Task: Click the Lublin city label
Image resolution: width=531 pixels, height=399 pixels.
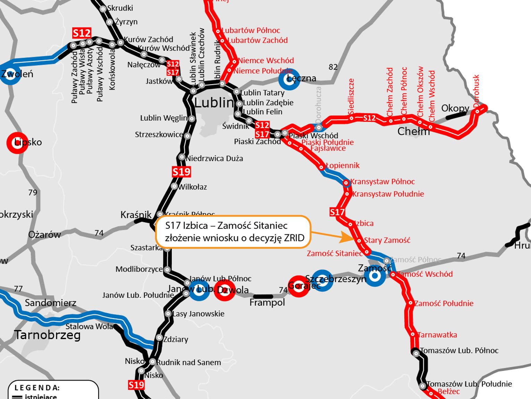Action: pyautogui.click(x=214, y=103)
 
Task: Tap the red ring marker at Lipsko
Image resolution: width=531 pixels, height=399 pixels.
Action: pyautogui.click(x=17, y=142)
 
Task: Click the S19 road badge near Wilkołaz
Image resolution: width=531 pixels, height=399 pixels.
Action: pyautogui.click(x=181, y=172)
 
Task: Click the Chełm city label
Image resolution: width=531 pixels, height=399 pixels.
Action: pyautogui.click(x=413, y=131)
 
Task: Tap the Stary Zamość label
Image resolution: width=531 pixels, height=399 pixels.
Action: pyautogui.click(x=387, y=240)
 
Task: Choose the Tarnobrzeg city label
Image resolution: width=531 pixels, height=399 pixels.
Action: pyautogui.click(x=47, y=335)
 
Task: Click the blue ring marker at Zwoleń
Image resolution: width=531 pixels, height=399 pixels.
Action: pyautogui.click(x=10, y=74)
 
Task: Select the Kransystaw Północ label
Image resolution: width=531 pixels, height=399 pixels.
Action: pyautogui.click(x=382, y=182)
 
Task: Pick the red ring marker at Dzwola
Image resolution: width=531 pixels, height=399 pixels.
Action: pyautogui.click(x=225, y=290)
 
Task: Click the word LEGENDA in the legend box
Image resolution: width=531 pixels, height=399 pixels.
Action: pyautogui.click(x=37, y=388)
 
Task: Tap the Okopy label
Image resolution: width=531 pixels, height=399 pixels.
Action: pyautogui.click(x=455, y=108)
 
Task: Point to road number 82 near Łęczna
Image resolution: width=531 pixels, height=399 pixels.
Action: pyautogui.click(x=333, y=67)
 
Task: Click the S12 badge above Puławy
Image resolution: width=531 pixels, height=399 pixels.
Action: pyautogui.click(x=82, y=33)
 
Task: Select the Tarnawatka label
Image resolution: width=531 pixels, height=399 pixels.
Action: pyautogui.click(x=437, y=335)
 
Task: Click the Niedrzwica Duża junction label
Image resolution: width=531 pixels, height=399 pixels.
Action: pyautogui.click(x=214, y=159)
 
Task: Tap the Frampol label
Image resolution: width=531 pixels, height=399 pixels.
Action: pyautogui.click(x=267, y=303)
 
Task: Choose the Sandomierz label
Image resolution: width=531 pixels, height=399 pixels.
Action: pyautogui.click(x=50, y=303)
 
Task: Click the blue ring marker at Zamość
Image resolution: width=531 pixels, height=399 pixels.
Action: pyautogui.click(x=375, y=276)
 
